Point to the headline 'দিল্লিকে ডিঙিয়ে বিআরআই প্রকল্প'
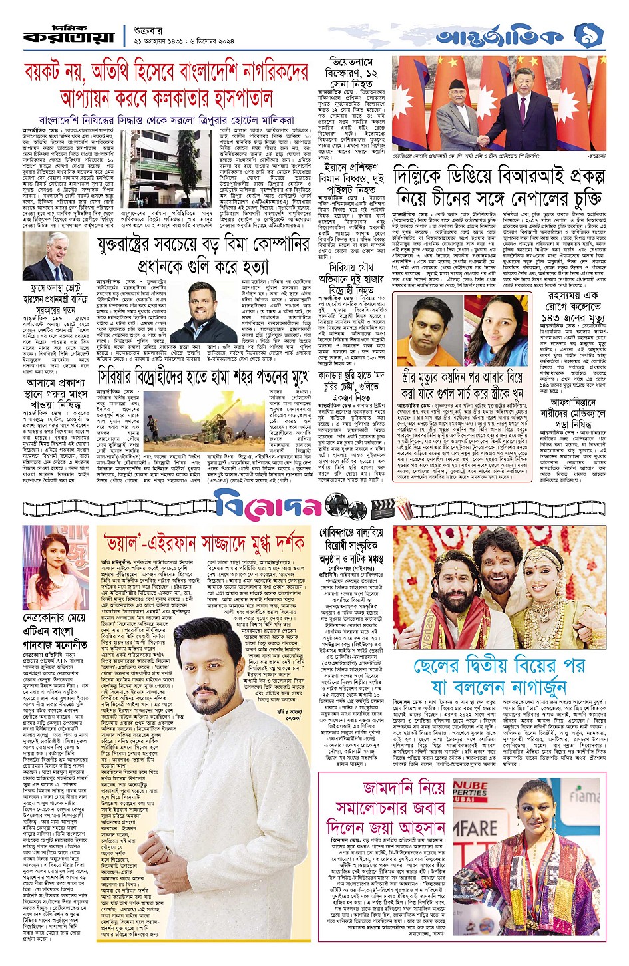[x=499, y=176]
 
